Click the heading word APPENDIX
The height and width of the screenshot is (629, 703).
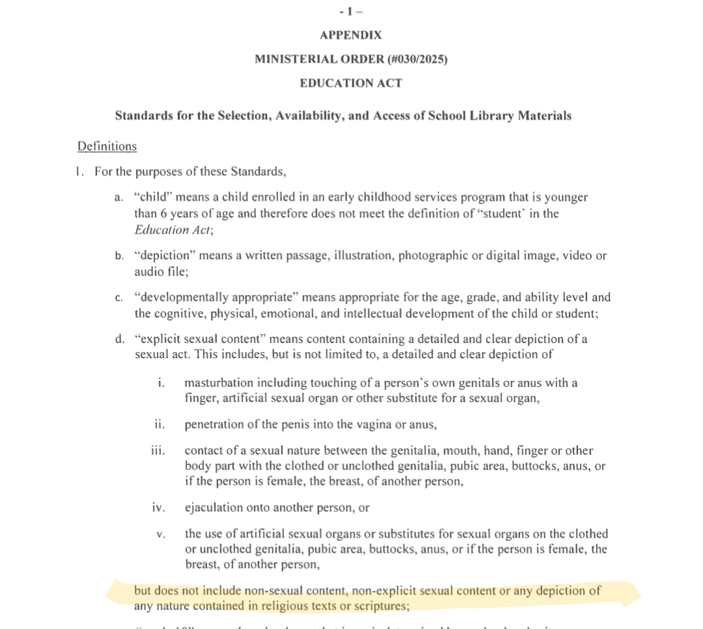pos(351,35)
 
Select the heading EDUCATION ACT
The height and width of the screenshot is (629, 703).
pos(351,83)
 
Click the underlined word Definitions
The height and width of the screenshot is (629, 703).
pos(107,146)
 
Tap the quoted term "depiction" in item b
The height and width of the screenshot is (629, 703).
pos(164,256)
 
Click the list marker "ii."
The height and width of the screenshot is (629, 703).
pos(160,425)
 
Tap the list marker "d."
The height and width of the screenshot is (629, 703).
pos(119,340)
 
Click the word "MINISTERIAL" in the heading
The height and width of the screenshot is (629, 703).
pos(293,59)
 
